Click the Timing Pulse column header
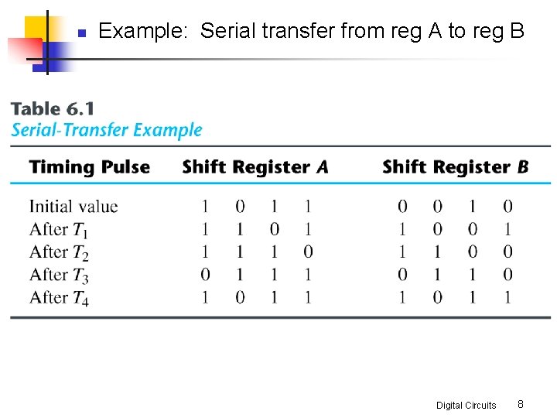[x=89, y=167]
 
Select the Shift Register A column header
[x=255, y=167]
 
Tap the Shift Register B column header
[x=456, y=167]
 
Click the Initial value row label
[x=73, y=207]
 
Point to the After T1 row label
[x=59, y=229]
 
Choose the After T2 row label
[x=59, y=252]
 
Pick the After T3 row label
[x=59, y=275]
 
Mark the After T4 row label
[x=59, y=298]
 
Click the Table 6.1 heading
[x=52, y=109]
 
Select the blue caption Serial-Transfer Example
[x=107, y=130]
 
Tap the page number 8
[x=521, y=404]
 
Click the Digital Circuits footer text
[x=466, y=405]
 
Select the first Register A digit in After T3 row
[x=204, y=275]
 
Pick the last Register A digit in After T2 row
[x=309, y=252]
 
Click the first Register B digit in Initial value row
[x=402, y=207]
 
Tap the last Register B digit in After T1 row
[x=507, y=229]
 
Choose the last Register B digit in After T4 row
[x=507, y=298]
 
